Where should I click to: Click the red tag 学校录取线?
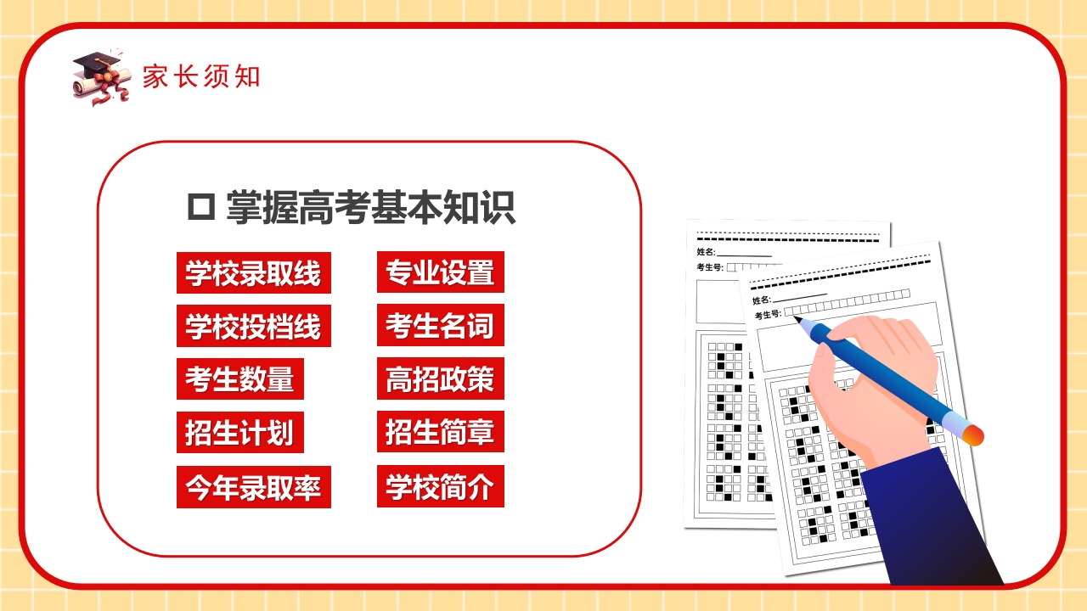pos(253,273)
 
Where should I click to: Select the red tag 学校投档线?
pos(253,326)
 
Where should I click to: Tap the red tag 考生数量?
pos(239,378)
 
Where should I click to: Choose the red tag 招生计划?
pos(239,432)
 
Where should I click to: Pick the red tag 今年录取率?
pos(253,487)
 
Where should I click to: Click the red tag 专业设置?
pos(440,272)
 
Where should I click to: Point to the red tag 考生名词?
pos(440,326)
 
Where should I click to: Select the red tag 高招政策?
pos(440,378)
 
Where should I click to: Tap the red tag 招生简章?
pos(440,432)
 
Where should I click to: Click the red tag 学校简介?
pos(440,487)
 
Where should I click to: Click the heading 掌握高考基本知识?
pos(370,208)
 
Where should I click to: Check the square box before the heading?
pos(200,208)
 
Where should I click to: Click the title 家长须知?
pos(200,77)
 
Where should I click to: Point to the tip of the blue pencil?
pos(797,319)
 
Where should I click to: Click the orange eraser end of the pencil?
pos(973,434)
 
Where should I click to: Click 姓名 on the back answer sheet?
pos(706,252)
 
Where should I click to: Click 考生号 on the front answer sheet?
pos(768,315)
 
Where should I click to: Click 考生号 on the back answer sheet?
pos(709,267)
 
